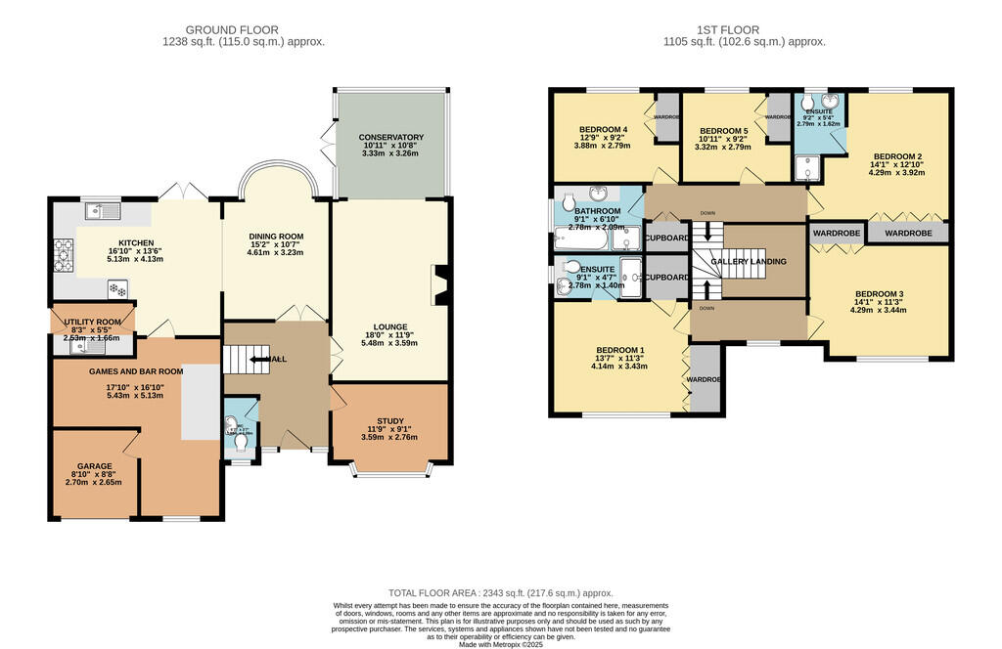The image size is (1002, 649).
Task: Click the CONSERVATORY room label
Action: [x=390, y=138]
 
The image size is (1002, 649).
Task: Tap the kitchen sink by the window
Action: [x=101, y=209]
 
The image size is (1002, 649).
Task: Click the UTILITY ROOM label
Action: [x=93, y=322]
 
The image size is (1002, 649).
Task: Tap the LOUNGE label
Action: [x=389, y=326]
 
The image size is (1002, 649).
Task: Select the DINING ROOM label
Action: [x=275, y=237]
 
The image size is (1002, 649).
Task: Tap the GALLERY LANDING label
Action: [x=748, y=262]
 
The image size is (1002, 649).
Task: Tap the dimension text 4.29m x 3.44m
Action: [x=878, y=311]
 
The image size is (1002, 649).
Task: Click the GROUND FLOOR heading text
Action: [x=244, y=29]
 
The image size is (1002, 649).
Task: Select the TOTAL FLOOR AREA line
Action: [x=500, y=593]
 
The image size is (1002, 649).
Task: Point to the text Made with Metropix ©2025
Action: [x=500, y=643]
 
